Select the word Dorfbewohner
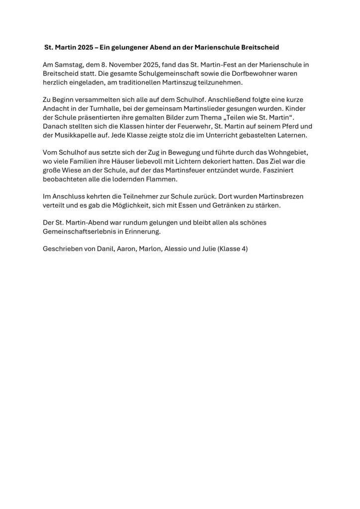click(241, 73)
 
